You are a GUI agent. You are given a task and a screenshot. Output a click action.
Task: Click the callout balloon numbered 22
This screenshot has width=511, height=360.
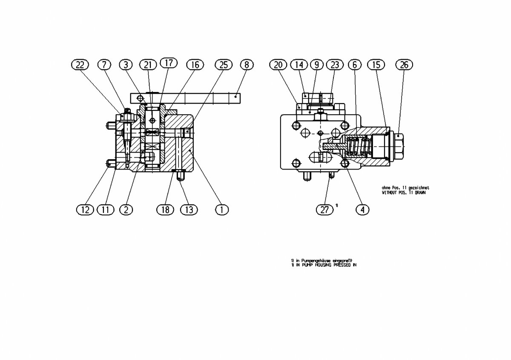click(80, 65)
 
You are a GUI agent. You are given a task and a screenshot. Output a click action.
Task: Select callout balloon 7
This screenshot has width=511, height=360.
click(104, 65)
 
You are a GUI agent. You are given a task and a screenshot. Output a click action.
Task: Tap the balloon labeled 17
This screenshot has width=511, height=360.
click(169, 63)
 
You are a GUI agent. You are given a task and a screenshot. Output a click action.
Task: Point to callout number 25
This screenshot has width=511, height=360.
click(224, 65)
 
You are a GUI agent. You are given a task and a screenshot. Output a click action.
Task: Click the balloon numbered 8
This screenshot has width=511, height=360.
click(246, 65)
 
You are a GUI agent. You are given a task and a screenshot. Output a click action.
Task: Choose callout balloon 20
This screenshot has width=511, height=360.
click(278, 65)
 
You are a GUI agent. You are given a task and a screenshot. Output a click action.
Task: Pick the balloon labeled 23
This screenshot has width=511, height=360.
click(336, 65)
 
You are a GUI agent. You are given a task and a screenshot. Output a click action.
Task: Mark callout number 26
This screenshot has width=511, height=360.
click(404, 65)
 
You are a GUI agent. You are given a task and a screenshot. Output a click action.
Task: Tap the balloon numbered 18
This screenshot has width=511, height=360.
click(165, 209)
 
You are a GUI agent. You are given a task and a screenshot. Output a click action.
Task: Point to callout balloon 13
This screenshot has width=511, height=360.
click(189, 209)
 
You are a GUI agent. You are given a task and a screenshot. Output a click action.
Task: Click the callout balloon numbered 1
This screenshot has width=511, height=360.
click(221, 209)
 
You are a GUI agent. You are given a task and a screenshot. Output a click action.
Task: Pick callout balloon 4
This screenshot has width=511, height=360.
click(362, 209)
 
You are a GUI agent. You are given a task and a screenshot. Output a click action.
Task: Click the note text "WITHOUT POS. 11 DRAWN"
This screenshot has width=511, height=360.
click(405, 193)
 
